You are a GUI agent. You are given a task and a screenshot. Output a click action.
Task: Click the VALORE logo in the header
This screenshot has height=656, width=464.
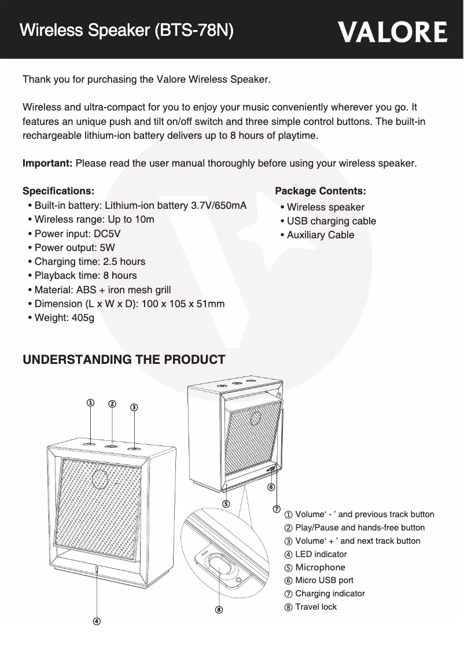point(392,32)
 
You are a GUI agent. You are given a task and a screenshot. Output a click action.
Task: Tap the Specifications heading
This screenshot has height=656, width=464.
point(58,191)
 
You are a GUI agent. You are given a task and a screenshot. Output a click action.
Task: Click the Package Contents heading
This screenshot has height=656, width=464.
point(320,191)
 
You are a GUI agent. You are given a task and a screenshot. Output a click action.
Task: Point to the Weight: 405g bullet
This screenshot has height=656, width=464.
point(64,318)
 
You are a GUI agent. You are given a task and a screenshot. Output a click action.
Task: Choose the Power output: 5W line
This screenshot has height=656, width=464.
point(75,248)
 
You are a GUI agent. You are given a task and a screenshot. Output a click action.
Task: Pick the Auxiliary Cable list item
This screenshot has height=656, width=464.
point(321,235)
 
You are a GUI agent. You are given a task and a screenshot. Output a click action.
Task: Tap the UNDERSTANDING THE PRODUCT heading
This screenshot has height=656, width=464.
point(123,360)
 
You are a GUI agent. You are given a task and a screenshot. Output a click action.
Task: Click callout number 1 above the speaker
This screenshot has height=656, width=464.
point(90,403)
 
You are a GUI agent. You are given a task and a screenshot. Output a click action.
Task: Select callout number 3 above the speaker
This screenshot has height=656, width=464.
point(134,407)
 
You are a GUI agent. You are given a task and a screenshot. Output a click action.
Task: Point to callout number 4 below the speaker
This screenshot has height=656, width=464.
point(96,621)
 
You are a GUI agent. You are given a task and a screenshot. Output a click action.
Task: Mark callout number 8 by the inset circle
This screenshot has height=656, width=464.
point(219,609)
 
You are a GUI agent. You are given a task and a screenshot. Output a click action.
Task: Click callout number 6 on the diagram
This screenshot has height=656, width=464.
point(270,488)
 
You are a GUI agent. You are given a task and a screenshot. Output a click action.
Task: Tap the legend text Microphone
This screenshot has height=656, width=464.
point(320,567)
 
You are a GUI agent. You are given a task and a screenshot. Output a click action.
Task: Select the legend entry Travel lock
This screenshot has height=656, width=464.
point(315,607)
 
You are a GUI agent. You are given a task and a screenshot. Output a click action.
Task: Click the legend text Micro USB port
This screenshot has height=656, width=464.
point(324,580)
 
